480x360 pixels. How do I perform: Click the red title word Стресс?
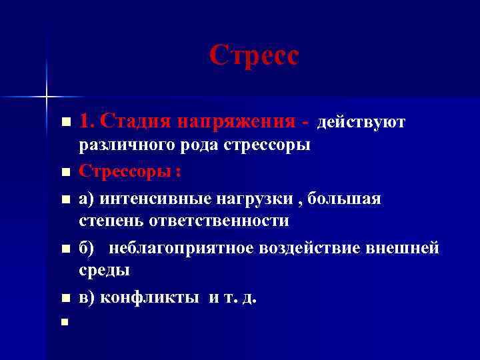click(x=254, y=56)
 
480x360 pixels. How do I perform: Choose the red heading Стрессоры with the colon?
click(x=129, y=171)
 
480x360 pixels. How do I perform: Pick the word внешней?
click(x=405, y=248)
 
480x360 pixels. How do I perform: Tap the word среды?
click(x=104, y=270)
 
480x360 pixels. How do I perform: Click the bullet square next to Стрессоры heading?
click(x=65, y=173)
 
